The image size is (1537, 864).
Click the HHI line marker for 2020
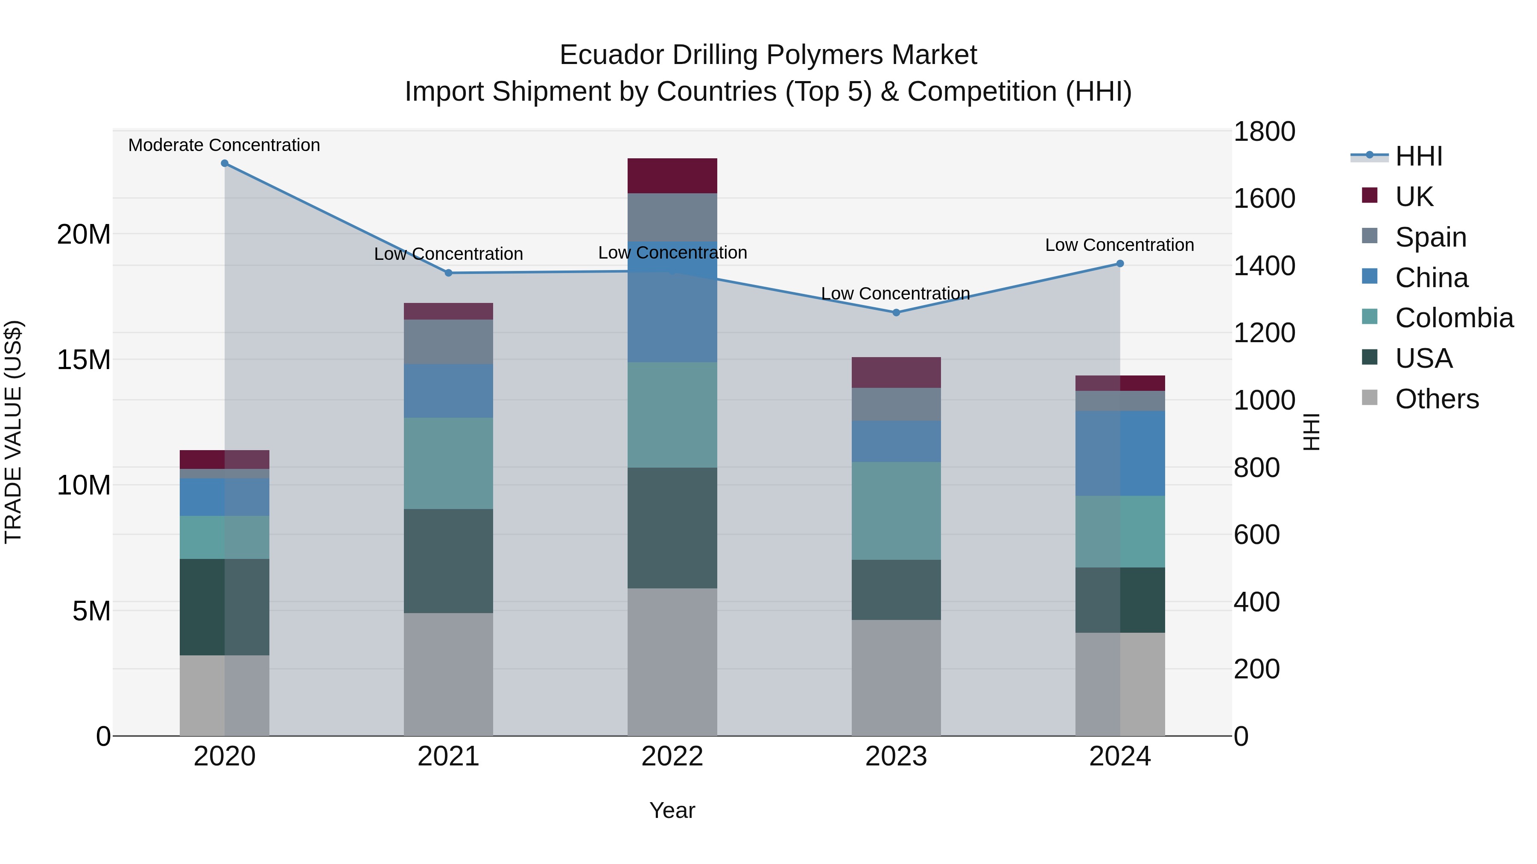coord(224,163)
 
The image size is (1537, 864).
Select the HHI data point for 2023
coord(896,312)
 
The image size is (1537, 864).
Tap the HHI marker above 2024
coord(1120,264)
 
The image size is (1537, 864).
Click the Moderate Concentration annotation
coord(224,145)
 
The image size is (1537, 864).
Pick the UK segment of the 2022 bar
coord(672,175)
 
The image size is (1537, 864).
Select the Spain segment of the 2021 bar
coord(448,342)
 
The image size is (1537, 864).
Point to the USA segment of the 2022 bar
coord(672,528)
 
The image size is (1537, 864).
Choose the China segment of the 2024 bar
coord(1120,453)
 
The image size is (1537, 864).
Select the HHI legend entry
coord(1419,156)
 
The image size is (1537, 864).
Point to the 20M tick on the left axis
coord(84,234)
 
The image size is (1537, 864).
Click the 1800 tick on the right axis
coord(1264,132)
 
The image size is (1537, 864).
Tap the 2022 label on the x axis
coord(672,756)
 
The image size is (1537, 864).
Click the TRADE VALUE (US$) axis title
coord(13,432)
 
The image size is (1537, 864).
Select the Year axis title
coord(672,810)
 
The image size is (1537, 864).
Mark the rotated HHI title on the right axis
coord(1312,432)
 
